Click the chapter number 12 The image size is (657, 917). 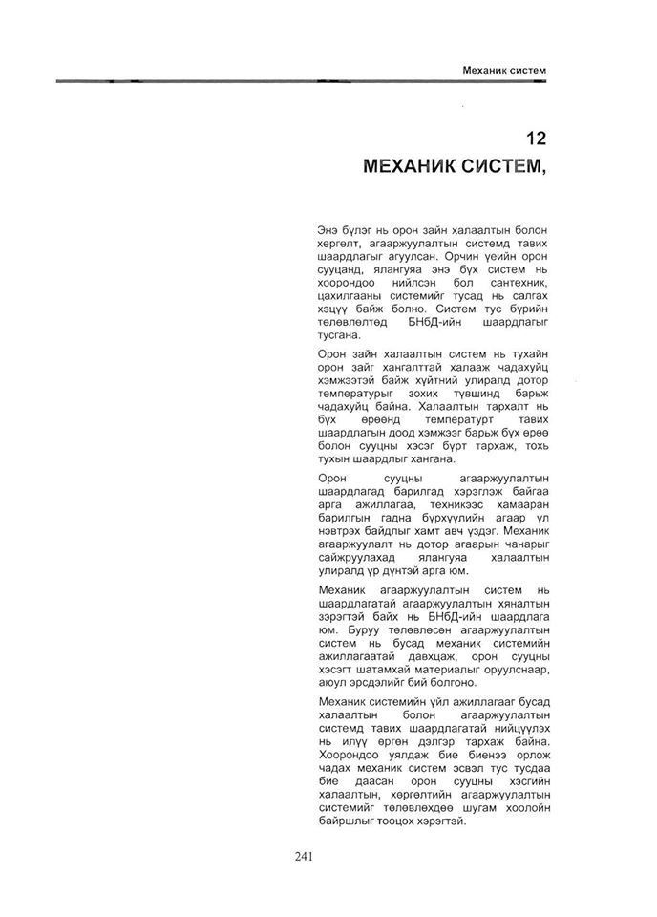(537, 138)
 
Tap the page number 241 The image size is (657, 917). (307, 855)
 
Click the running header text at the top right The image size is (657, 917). (503, 70)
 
